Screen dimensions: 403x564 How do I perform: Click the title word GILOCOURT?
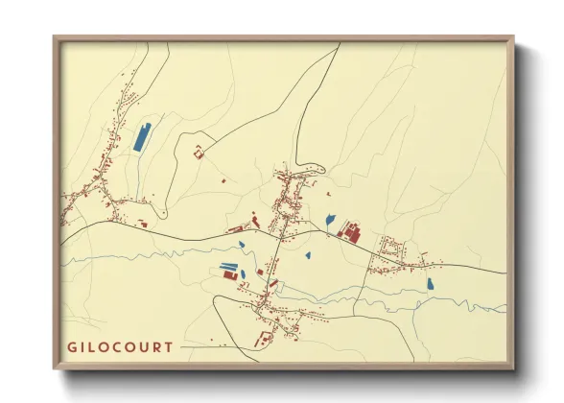click(122, 346)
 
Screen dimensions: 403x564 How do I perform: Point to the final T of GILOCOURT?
click(170, 346)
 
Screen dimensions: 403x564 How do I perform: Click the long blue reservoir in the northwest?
click(143, 138)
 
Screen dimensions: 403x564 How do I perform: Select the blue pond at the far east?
click(431, 284)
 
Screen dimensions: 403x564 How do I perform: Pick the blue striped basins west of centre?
click(228, 266)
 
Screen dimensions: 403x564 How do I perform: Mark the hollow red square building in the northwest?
click(200, 151)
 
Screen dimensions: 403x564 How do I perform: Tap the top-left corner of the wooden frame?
click(56, 38)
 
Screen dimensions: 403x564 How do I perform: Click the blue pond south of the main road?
click(308, 255)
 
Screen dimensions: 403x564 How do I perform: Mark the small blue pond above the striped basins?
click(243, 244)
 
